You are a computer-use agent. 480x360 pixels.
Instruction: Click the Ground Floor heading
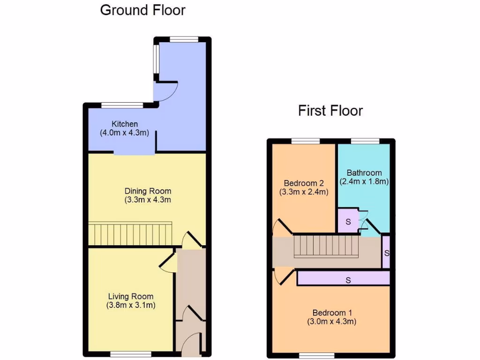tap(142, 10)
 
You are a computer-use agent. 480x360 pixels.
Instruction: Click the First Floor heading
tap(330, 111)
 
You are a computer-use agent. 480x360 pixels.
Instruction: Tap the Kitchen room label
tap(125, 124)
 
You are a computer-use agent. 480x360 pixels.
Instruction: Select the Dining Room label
tap(148, 191)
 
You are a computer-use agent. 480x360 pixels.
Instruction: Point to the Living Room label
tap(131, 296)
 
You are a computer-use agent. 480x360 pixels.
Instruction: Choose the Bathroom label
tap(364, 172)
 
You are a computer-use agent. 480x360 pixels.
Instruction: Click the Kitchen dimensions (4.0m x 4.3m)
tap(125, 133)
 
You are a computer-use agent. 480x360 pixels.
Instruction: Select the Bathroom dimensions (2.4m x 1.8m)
tap(364, 181)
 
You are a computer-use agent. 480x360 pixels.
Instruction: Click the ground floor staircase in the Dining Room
tap(131, 233)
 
